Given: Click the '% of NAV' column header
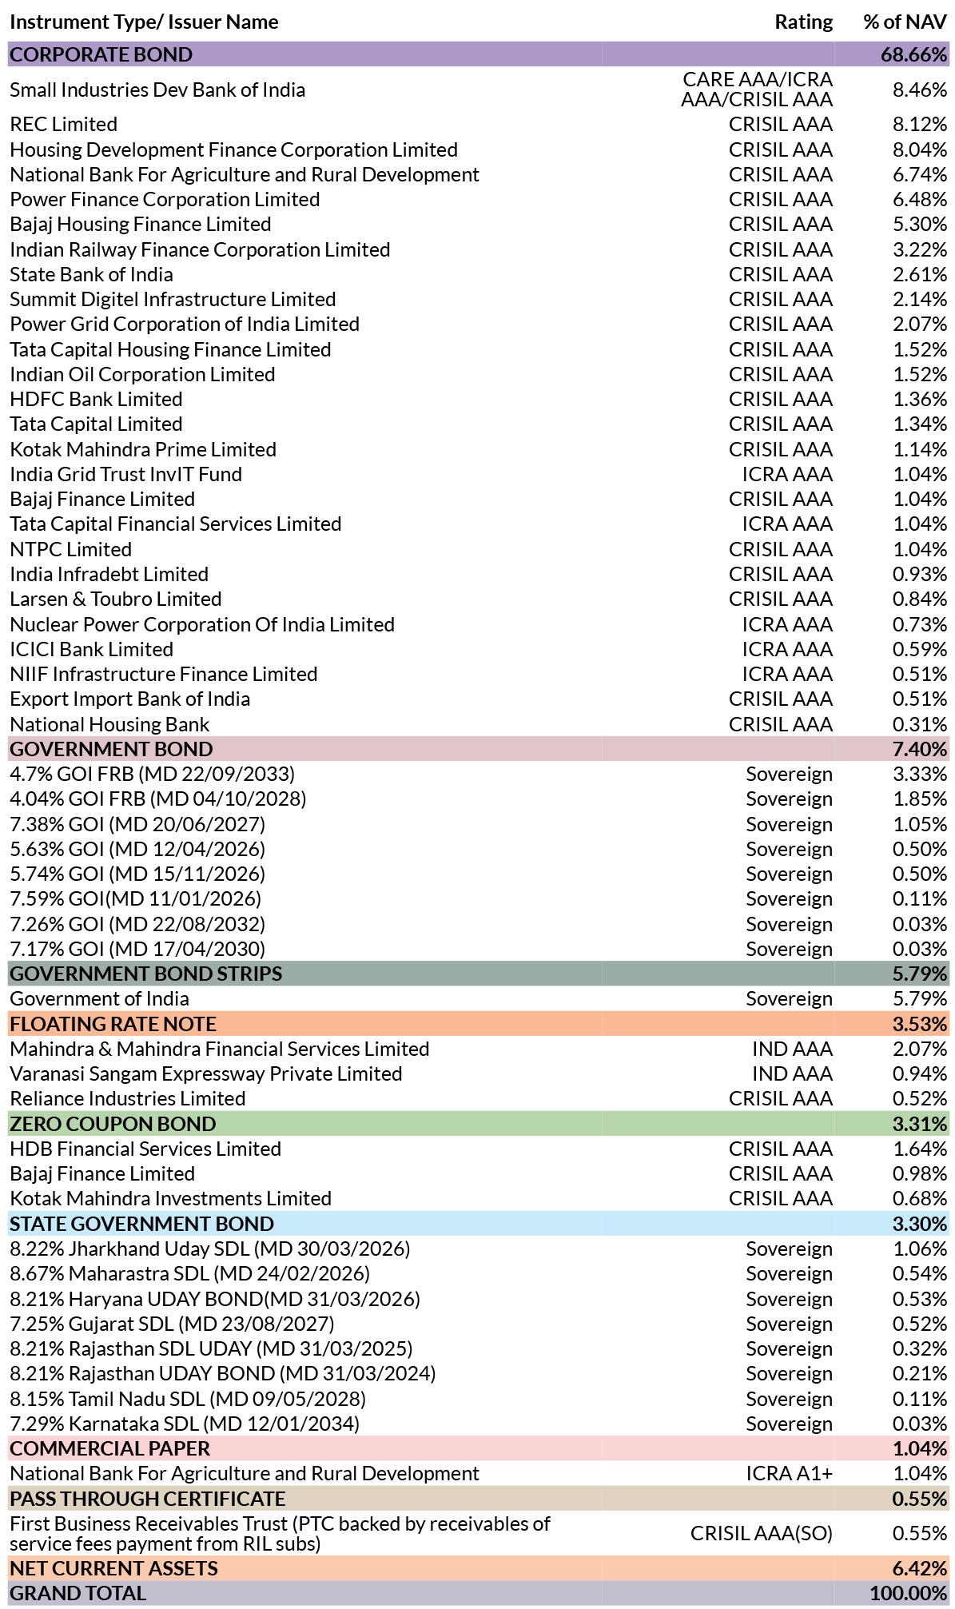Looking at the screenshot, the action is tap(905, 22).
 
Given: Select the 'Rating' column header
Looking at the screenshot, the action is tap(803, 22).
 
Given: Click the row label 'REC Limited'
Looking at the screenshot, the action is tap(64, 125).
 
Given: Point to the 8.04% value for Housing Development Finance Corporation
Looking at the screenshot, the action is tap(920, 149).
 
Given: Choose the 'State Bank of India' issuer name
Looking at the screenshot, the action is tap(91, 274).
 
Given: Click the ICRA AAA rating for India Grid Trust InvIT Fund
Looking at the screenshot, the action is tap(787, 474).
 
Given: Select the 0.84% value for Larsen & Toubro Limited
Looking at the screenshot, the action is tap(920, 599).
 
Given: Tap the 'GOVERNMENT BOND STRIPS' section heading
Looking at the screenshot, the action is tap(146, 974).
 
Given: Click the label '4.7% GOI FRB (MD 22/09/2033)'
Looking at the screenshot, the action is tap(153, 774).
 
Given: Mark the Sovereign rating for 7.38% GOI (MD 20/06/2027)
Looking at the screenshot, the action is tap(790, 824).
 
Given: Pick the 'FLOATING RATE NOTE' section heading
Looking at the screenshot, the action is tap(113, 1024).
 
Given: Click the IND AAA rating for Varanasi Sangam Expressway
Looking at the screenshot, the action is tap(792, 1073).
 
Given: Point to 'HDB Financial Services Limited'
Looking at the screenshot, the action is tap(145, 1149).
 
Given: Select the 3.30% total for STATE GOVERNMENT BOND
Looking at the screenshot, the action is tap(920, 1224).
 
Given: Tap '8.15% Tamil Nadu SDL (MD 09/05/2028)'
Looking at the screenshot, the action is tap(188, 1399).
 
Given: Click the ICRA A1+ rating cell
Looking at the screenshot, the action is tap(790, 1473).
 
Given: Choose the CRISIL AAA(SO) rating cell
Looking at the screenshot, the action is tap(762, 1533).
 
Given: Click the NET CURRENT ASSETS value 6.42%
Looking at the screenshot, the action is tap(920, 1568).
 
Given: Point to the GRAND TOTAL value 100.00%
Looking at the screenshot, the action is tap(909, 1593).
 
